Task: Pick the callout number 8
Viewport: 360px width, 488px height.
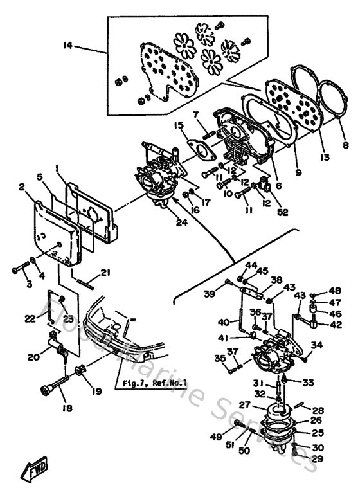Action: [x=346, y=146]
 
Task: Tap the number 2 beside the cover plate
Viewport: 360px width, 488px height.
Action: [x=22, y=187]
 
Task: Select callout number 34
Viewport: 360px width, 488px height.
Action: [x=316, y=345]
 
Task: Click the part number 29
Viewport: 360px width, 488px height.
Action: [x=317, y=459]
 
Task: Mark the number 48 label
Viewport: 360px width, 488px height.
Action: [x=335, y=291]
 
